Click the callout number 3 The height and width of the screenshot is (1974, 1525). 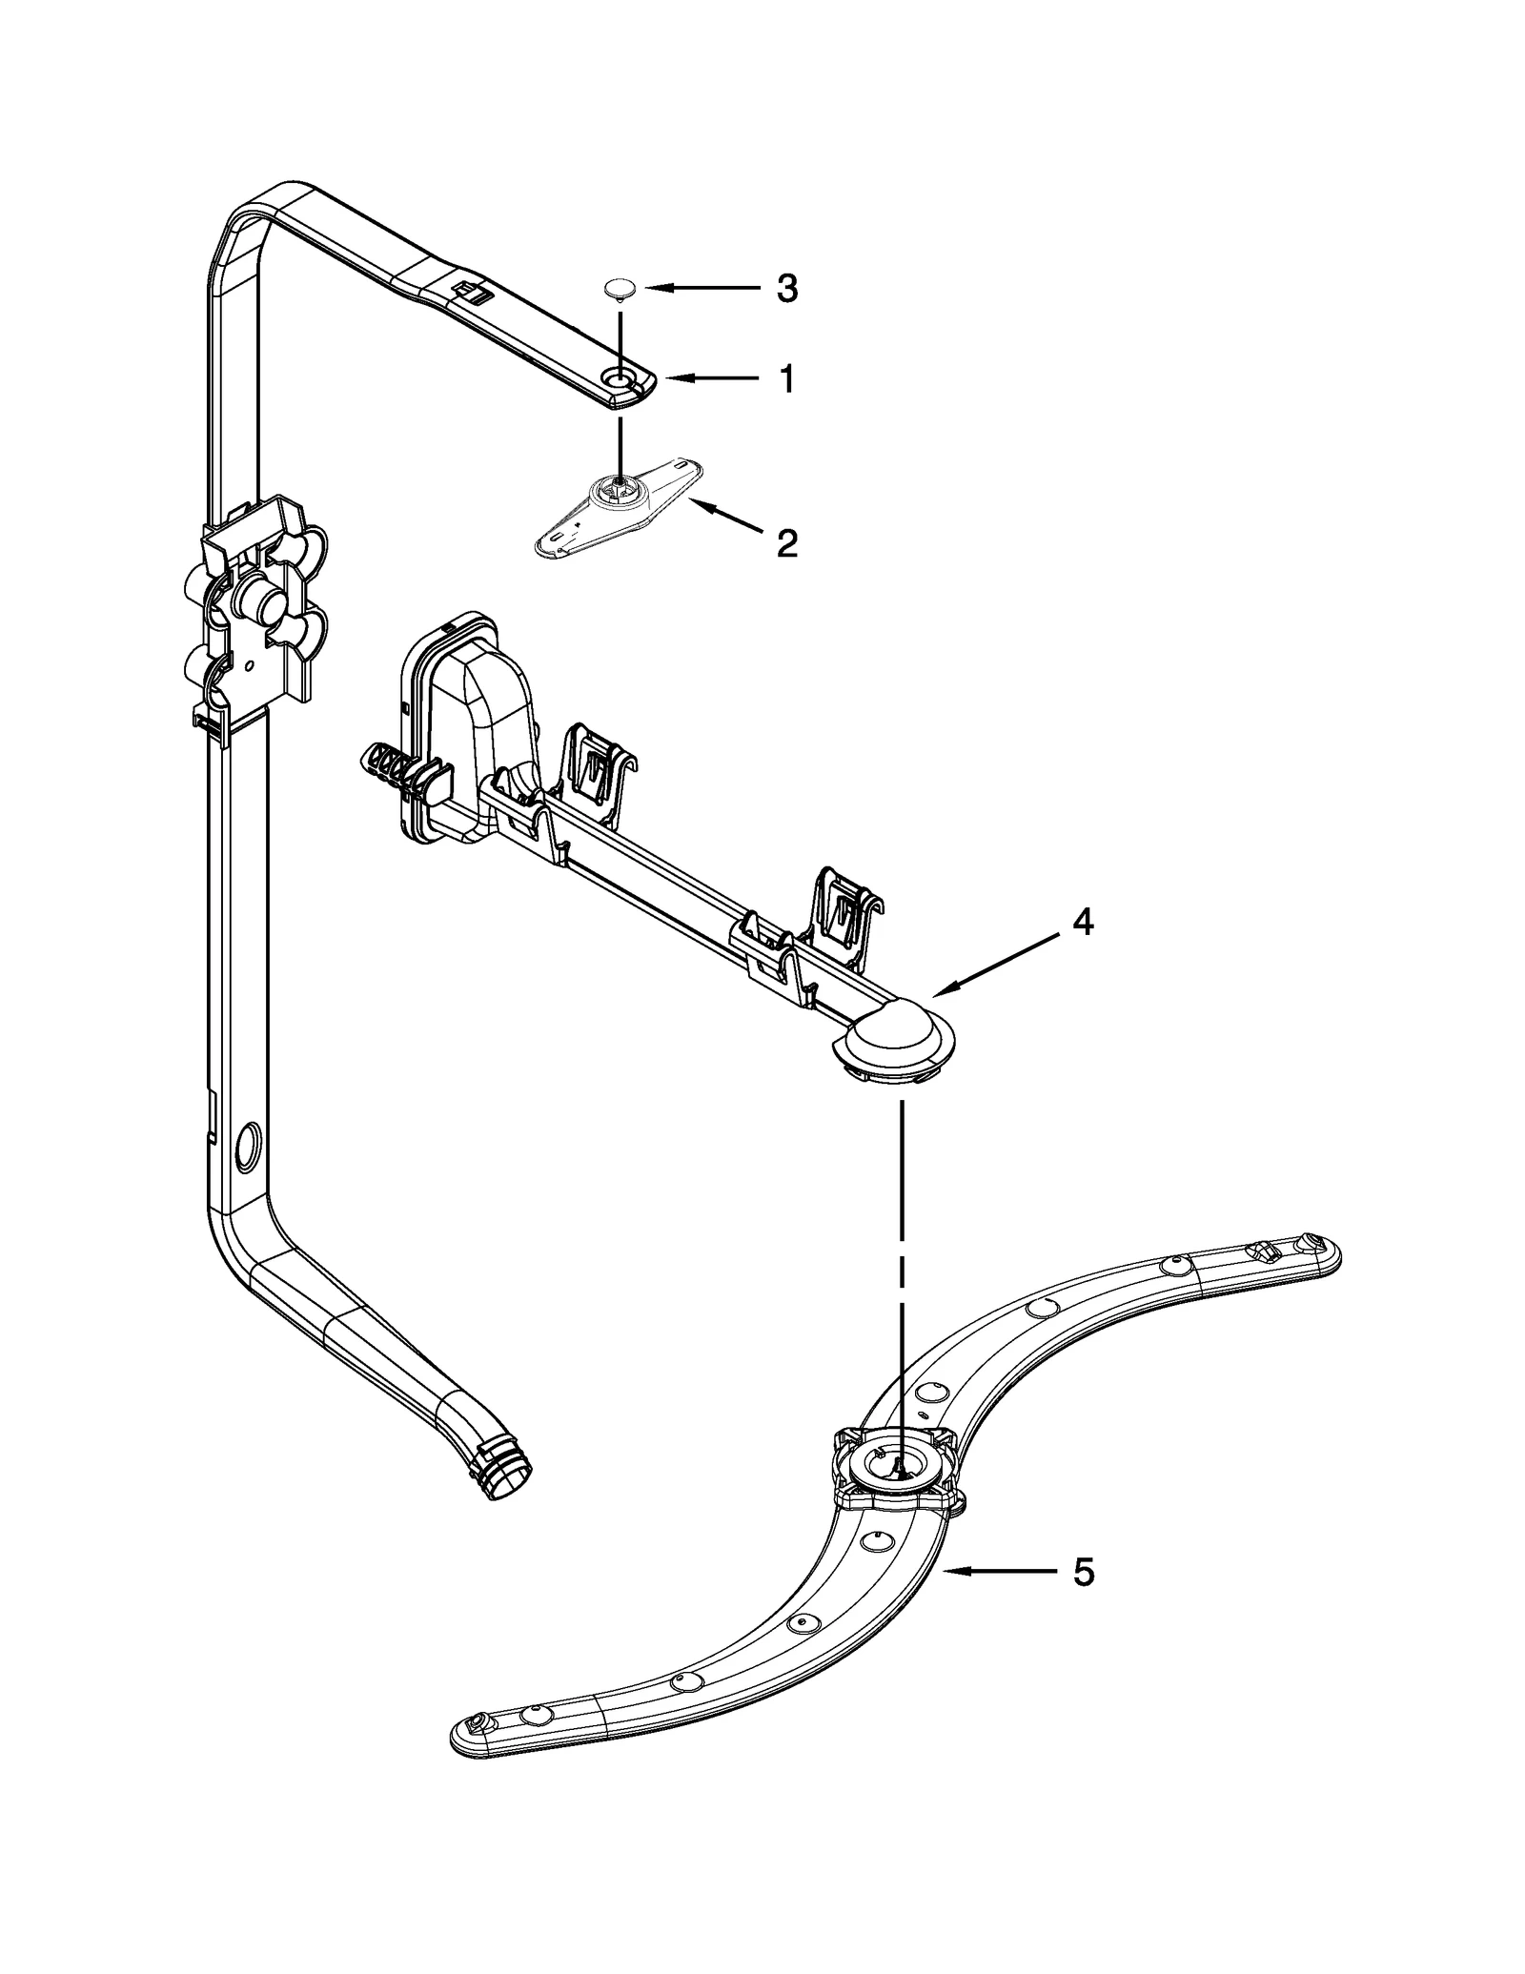pos(786,288)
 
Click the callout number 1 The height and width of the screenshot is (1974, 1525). pos(786,380)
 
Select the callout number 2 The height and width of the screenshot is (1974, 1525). pos(786,544)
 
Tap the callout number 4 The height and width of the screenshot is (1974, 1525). pos(1083,922)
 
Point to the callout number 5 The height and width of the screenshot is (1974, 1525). pos(1083,1573)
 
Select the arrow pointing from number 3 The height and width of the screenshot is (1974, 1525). pos(701,287)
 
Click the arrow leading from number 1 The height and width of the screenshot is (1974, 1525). pos(710,379)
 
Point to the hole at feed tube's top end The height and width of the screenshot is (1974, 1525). pos(620,380)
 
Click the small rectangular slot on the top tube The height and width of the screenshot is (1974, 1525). pos(465,290)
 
